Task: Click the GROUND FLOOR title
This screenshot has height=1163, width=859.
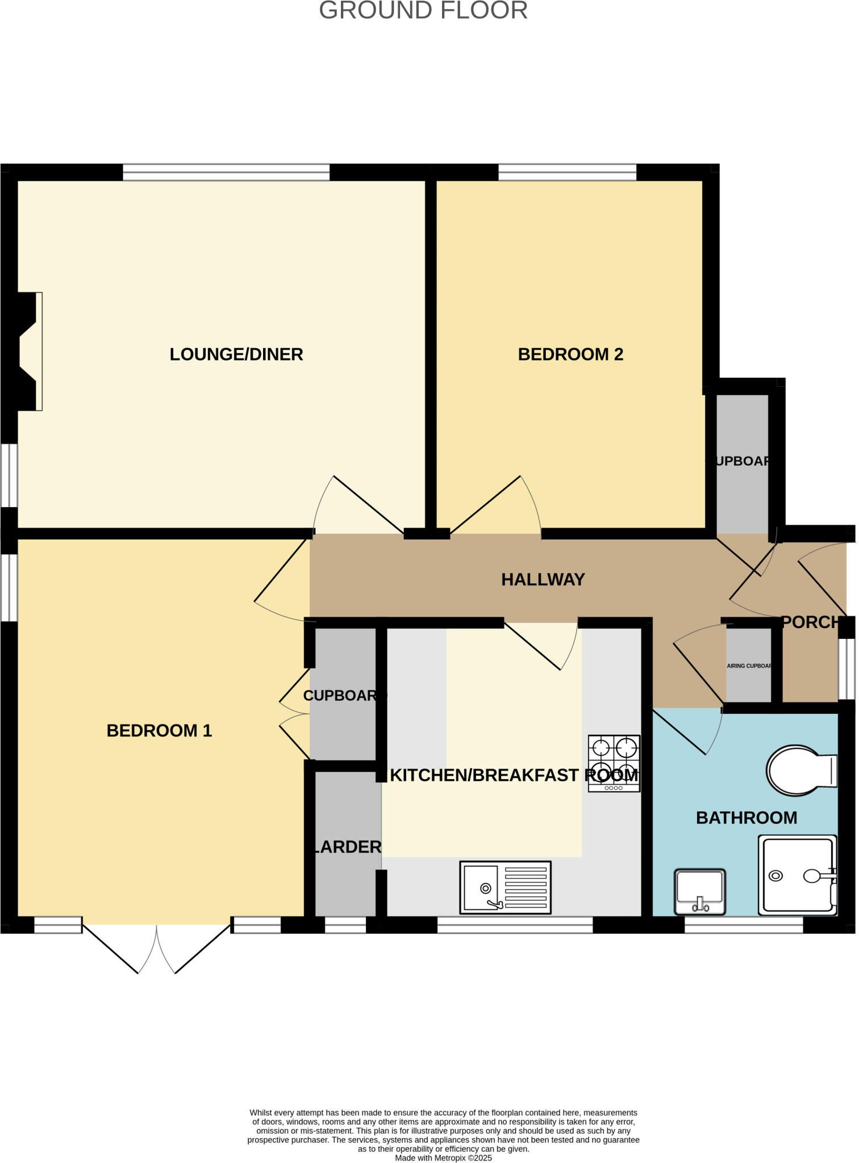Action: (423, 11)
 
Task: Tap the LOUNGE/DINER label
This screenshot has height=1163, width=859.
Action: (236, 354)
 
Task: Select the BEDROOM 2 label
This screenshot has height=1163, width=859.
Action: (570, 354)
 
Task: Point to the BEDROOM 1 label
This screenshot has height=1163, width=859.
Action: (159, 730)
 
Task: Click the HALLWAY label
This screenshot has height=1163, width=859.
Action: (543, 579)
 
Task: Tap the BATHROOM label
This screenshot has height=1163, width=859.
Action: (746, 818)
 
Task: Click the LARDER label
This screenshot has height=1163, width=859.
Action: (347, 847)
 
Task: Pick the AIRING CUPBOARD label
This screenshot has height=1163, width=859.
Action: (749, 666)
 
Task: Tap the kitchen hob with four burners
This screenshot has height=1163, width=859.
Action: (614, 763)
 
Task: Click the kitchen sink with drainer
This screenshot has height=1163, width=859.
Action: (505, 887)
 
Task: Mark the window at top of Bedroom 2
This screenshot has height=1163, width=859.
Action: (567, 172)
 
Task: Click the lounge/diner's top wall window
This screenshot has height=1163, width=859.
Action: (226, 172)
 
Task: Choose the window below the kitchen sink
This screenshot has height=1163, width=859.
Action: (515, 925)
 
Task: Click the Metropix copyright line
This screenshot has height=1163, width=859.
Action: (443, 1158)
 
